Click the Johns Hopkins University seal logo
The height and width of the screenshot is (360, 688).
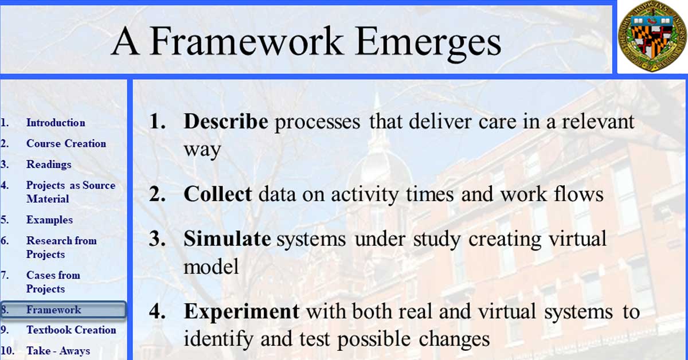point(652,36)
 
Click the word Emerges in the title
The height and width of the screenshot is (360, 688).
point(428,42)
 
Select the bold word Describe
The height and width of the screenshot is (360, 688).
point(226,122)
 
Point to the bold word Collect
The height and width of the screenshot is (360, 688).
point(218,194)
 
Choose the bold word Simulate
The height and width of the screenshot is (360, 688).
point(227,238)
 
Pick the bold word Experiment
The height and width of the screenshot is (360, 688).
point(242,311)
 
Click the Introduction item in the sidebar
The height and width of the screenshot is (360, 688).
point(56,123)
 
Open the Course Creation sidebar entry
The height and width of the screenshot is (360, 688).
point(66,143)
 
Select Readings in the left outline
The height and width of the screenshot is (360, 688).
point(49,165)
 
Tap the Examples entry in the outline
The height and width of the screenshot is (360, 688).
point(49,220)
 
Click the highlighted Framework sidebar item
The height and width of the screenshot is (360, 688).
point(63,310)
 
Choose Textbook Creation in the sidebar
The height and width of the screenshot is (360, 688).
point(71,330)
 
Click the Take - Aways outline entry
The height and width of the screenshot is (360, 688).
point(58,351)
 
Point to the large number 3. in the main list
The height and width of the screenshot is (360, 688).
point(157,238)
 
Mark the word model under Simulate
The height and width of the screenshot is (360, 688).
point(211,267)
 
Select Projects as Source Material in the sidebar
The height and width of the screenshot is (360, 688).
point(71,192)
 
